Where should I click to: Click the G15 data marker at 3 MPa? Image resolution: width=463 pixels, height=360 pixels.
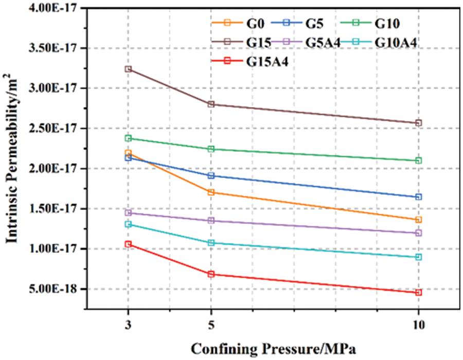point(128,69)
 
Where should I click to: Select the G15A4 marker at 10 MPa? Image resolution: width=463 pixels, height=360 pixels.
point(418,293)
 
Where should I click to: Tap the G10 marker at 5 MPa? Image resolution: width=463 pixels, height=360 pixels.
point(211,149)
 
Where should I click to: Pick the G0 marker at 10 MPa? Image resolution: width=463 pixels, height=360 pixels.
point(418,220)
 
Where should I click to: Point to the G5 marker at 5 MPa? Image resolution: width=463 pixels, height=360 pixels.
point(211,175)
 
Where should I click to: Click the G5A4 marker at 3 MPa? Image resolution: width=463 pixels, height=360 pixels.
point(128,212)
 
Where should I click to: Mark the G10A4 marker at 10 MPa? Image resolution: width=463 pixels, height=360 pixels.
point(418,257)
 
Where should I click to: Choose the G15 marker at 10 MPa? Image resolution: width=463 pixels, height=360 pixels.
point(418,123)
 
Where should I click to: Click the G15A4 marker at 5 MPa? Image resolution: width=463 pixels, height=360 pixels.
point(211,274)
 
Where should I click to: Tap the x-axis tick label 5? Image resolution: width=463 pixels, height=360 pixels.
point(211,326)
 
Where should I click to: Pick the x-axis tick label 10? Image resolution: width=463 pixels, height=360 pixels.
point(418,326)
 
